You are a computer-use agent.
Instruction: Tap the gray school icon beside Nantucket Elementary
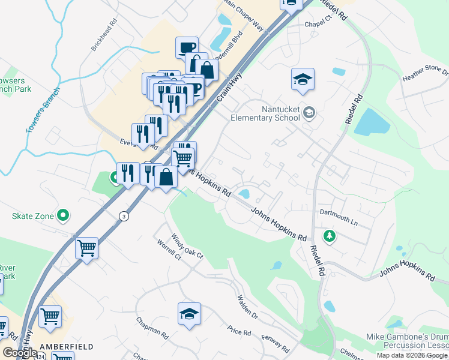[309, 113]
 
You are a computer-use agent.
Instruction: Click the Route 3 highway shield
[123, 216]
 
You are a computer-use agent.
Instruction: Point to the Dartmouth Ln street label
[338, 219]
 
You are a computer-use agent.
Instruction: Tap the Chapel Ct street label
[318, 22]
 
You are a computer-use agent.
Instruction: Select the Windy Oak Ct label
[187, 247]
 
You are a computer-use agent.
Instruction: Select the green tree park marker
[328, 236]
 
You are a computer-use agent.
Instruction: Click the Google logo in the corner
[20, 353]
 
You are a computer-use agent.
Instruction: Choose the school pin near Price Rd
[189, 314]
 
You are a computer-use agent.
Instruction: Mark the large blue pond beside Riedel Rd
[372, 122]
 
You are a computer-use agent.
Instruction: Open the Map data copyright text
[412, 355]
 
